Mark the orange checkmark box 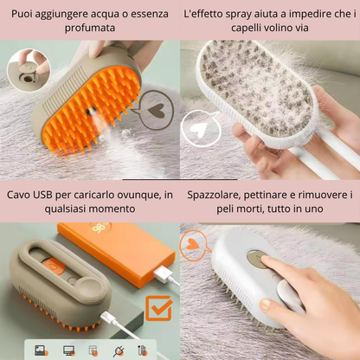coord(158,308)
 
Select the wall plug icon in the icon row coord(119,350)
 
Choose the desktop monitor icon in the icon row coord(67,350)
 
